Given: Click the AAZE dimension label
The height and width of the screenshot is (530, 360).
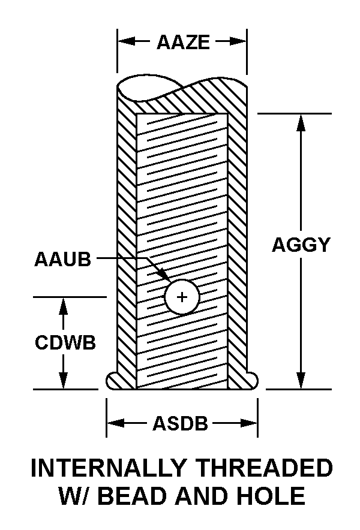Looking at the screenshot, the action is tap(183, 42).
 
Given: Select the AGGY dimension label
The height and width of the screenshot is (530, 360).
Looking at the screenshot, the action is tap(301, 245).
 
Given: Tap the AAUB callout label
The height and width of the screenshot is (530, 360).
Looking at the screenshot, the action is tap(63, 259).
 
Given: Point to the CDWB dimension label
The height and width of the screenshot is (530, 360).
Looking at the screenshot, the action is tap(65, 342).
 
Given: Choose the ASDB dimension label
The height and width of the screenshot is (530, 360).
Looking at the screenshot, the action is tap(181, 423).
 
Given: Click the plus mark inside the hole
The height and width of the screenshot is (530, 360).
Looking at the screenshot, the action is tap(182, 297).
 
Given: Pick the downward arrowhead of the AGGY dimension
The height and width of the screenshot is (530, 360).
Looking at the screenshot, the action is tap(301, 380).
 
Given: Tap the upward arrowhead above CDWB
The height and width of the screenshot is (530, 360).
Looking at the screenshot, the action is tap(63, 306).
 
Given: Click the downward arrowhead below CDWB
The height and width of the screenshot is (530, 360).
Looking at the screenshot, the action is tap(63, 380).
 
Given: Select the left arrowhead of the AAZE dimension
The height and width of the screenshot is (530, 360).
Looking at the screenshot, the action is tap(127, 41).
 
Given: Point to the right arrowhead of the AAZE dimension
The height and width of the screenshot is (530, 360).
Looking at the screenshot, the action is tap(238, 41).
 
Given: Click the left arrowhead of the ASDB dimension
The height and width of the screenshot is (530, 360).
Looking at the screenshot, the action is tap(116, 423).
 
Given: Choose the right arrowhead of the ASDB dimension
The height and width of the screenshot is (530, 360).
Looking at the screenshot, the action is tap(248, 423).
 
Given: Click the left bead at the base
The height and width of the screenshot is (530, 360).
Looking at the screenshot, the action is tap(112, 381).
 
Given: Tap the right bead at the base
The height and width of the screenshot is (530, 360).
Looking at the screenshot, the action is tap(252, 381).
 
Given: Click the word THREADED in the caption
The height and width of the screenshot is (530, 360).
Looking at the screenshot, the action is tap(265, 468).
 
